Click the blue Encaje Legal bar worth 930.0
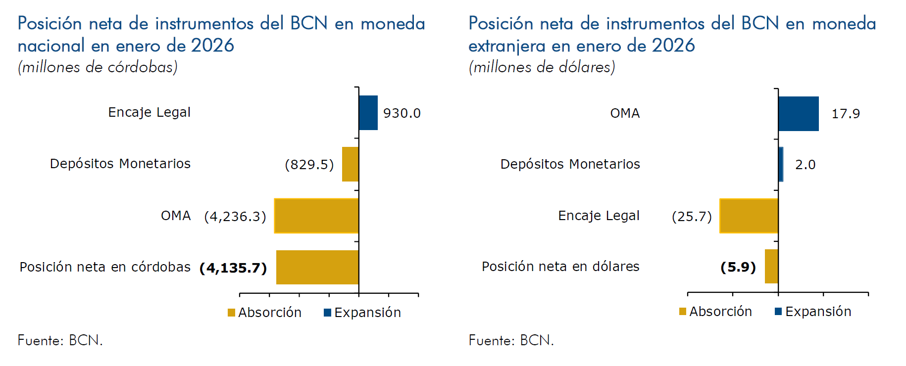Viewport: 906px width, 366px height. pyautogui.click(x=368, y=113)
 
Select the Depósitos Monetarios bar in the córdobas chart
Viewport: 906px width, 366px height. pyautogui.click(x=351, y=164)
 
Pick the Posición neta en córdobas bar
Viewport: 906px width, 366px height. pyautogui.click(x=317, y=267)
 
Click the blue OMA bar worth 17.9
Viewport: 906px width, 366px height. pyautogui.click(x=798, y=114)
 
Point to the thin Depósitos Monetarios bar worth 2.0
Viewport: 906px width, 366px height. pyautogui.click(x=781, y=164)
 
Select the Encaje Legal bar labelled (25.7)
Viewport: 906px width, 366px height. pyautogui.click(x=749, y=216)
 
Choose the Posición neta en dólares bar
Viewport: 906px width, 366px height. pyautogui.click(x=771, y=266)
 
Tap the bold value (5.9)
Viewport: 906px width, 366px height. pyautogui.click(x=738, y=267)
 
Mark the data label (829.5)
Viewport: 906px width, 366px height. pyautogui.click(x=309, y=164)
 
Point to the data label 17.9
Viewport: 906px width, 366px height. pyautogui.click(x=846, y=114)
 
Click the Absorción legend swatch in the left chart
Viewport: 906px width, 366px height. pyautogui.click(x=231, y=313)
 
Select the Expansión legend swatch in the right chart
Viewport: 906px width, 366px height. pyautogui.click(x=778, y=311)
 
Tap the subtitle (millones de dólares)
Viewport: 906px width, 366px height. pyautogui.click(x=542, y=67)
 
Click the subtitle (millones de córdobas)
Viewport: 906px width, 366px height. pyautogui.click(x=98, y=67)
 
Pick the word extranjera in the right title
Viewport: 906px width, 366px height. pyautogui.click(x=506, y=46)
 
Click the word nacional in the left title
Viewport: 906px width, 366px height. pyautogui.click(x=51, y=46)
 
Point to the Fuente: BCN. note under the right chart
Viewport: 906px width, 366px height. pyautogui.click(x=511, y=340)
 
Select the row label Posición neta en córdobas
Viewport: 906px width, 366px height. pyautogui.click(x=105, y=267)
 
